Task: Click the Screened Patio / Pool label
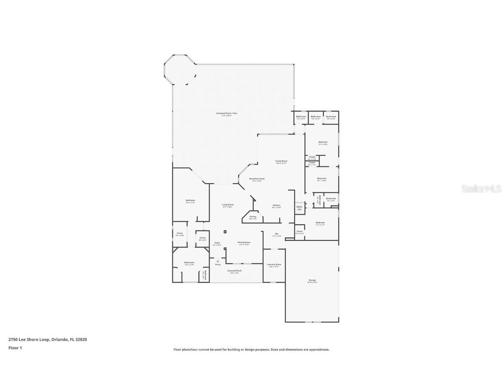(226, 114)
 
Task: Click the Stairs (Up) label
(300, 208)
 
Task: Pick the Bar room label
(277, 234)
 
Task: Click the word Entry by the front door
(217, 264)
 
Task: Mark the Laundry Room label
(275, 265)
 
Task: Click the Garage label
(312, 281)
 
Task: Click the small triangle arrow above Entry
(217, 261)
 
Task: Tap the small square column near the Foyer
(225, 232)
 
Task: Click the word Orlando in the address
(59, 339)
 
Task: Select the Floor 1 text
(15, 348)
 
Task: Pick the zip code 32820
(82, 339)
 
